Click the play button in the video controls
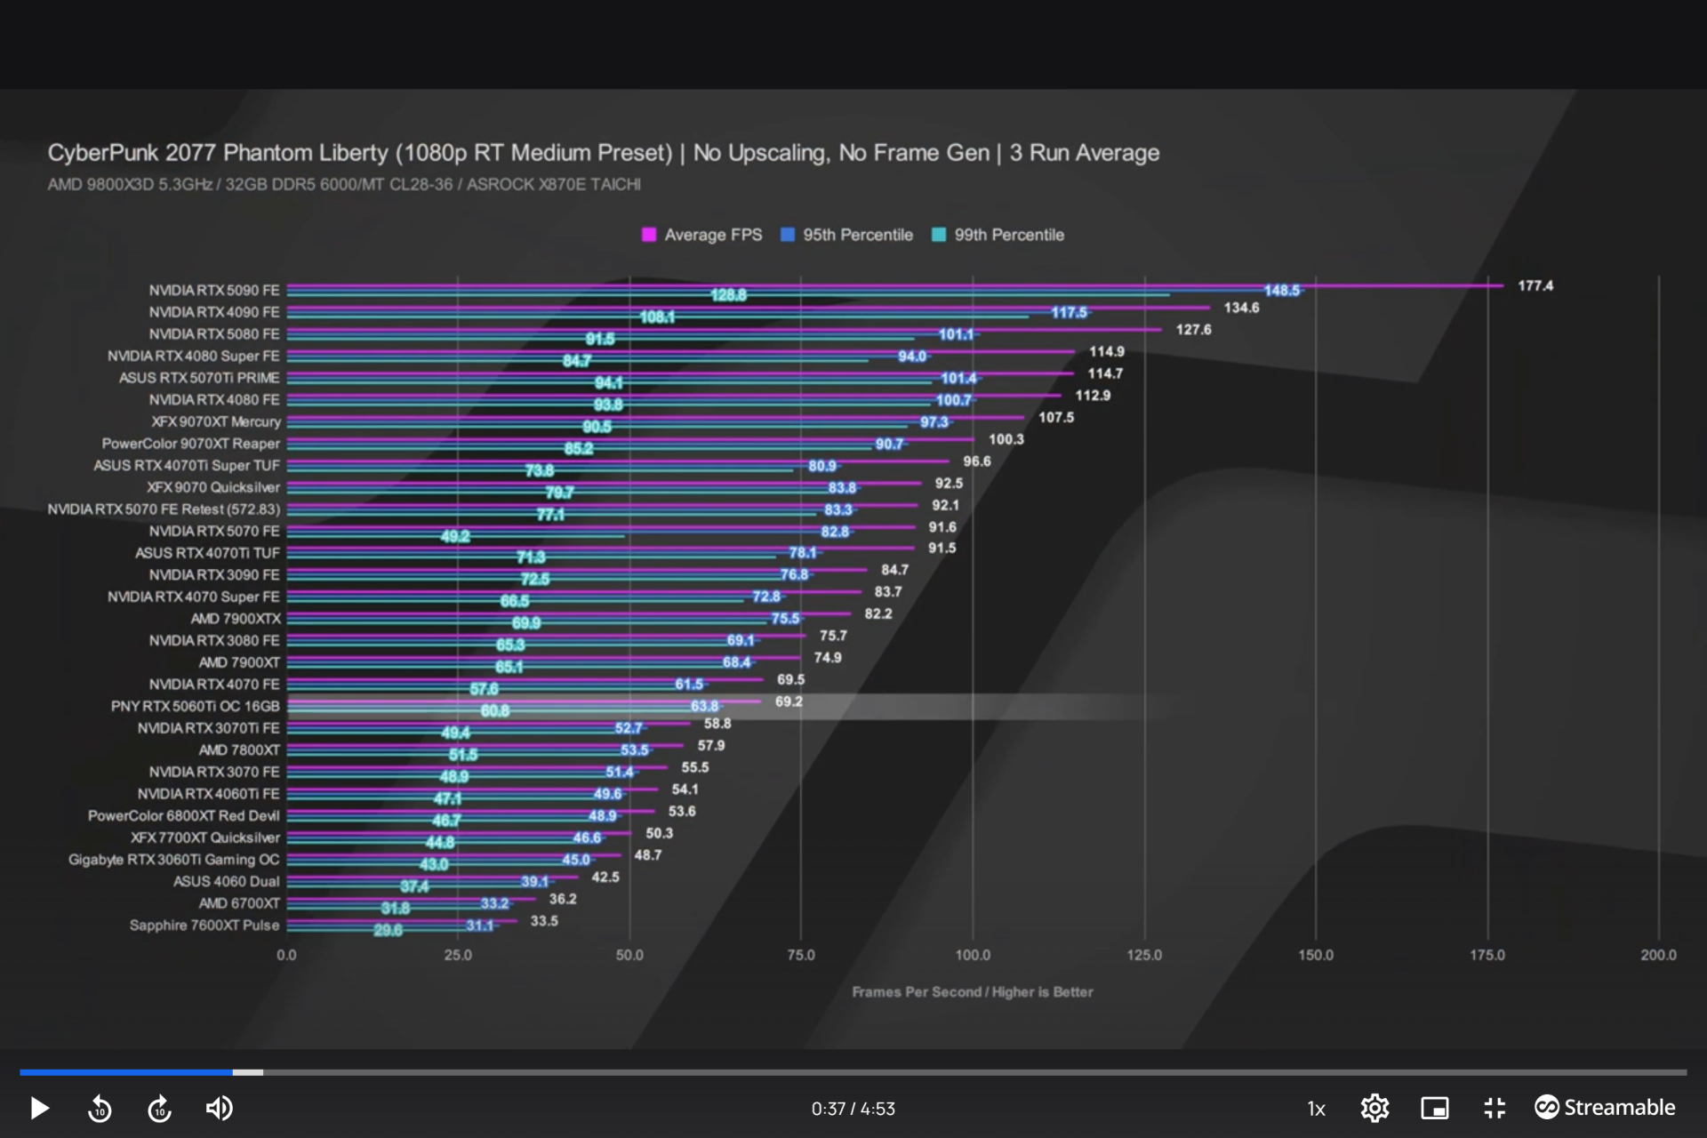click(x=39, y=1108)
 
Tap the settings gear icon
click(x=1374, y=1108)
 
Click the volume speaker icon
click(x=219, y=1108)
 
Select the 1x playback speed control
click(x=1316, y=1109)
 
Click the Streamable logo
click(x=1605, y=1107)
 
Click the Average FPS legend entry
click(x=702, y=235)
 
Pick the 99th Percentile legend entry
click(x=998, y=235)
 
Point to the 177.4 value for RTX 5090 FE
click(x=1535, y=285)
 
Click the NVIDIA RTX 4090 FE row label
click(x=214, y=312)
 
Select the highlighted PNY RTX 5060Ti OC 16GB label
click(x=195, y=706)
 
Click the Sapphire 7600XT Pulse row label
click(x=204, y=925)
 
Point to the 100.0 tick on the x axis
click(x=973, y=955)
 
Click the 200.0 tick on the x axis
click(x=1658, y=955)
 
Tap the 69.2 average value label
click(x=789, y=701)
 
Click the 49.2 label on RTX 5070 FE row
click(x=455, y=536)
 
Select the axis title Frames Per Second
click(x=972, y=991)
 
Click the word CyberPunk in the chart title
click(x=101, y=153)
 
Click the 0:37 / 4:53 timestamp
click(x=853, y=1109)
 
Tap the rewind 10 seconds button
click(x=100, y=1109)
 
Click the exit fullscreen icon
click(x=1495, y=1108)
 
